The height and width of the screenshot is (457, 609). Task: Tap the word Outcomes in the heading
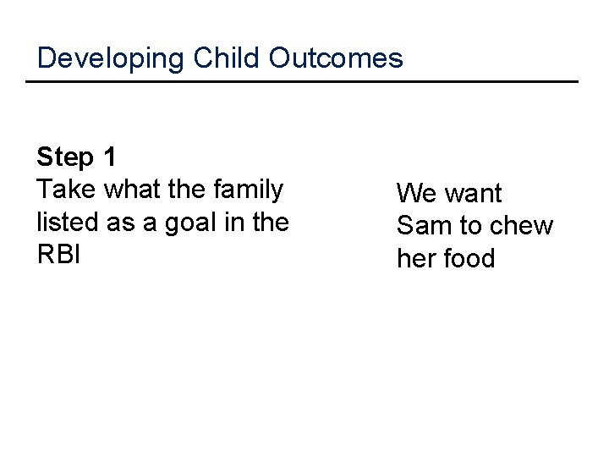coord(336,58)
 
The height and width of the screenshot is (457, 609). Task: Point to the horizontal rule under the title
coord(302,82)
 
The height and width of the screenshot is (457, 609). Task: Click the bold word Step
coord(65,158)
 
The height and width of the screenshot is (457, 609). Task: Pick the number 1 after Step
coord(109,157)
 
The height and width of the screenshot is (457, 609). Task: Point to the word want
coord(474,194)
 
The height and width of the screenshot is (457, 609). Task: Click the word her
coord(416,258)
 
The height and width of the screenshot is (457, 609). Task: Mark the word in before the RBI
coord(234,222)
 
